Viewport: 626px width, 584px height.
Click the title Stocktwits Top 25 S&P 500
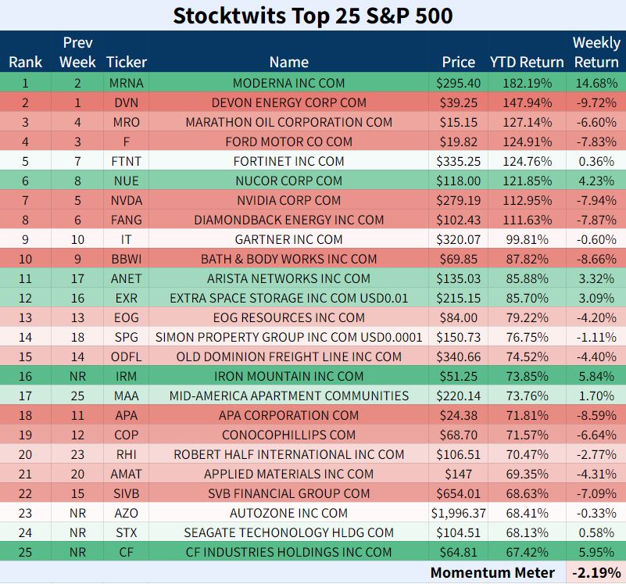point(313,16)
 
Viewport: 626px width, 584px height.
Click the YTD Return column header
point(527,62)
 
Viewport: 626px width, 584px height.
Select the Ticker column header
point(127,62)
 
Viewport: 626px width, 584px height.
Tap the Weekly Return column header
point(596,52)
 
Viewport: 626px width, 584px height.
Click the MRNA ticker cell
point(127,83)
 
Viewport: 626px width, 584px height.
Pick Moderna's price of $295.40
point(458,83)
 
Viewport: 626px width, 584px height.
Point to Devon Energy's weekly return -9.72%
point(596,102)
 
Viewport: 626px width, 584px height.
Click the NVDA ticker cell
point(127,200)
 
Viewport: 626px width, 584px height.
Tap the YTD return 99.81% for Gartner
point(527,239)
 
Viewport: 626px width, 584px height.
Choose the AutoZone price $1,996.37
point(458,513)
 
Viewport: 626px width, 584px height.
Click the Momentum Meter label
point(492,572)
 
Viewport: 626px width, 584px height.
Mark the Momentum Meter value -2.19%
point(596,572)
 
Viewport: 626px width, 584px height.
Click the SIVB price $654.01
point(458,493)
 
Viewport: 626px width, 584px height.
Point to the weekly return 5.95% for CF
point(596,552)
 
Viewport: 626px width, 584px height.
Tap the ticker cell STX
point(127,532)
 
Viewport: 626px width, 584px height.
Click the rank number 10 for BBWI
point(25,259)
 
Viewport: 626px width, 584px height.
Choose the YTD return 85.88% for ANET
point(527,278)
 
